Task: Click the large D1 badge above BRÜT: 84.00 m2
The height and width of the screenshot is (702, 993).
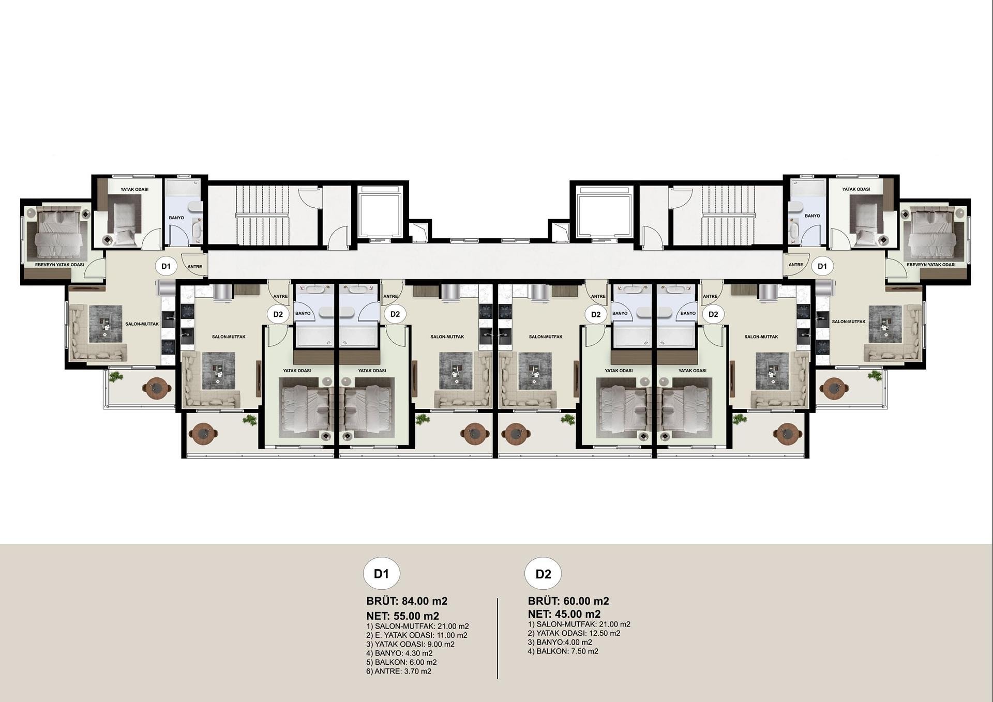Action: (381, 574)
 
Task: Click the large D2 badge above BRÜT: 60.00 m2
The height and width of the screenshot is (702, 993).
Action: (543, 574)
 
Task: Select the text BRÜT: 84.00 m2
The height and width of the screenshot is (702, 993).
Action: (407, 601)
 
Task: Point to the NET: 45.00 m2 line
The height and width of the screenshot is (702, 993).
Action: (564, 614)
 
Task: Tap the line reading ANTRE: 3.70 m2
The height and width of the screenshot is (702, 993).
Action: (399, 671)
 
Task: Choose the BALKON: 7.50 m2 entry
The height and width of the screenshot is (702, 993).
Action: (563, 651)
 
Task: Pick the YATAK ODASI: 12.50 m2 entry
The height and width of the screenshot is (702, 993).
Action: (574, 633)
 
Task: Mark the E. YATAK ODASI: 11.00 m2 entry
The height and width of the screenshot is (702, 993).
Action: (417, 635)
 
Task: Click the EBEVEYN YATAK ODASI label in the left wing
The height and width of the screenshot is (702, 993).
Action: (59, 265)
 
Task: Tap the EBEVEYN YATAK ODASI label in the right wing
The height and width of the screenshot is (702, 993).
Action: (931, 265)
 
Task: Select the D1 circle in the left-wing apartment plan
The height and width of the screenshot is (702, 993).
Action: (166, 266)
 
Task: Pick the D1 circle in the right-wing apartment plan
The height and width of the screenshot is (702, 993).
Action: (822, 266)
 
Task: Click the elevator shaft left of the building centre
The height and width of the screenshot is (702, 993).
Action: (380, 212)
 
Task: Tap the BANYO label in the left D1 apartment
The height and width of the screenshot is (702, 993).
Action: (176, 218)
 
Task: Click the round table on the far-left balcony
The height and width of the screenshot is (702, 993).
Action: (158, 388)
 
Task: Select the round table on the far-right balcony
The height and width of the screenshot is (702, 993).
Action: (832, 388)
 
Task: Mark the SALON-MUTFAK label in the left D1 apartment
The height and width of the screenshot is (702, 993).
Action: (142, 324)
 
